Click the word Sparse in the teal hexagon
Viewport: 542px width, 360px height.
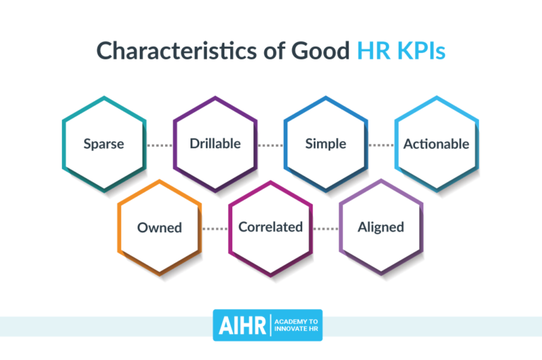[104, 144]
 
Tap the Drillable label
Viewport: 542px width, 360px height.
[215, 144]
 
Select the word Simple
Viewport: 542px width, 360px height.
[325, 144]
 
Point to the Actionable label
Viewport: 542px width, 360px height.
[436, 144]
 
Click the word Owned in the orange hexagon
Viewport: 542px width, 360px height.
[159, 227]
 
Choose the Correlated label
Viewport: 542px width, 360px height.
[270, 227]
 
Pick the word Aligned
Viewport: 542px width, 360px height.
[381, 227]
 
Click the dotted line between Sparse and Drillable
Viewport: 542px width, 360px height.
[159, 145]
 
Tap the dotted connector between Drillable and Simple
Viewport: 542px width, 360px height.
[270, 145]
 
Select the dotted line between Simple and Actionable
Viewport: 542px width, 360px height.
[381, 145]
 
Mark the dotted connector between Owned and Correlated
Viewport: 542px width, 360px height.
[215, 228]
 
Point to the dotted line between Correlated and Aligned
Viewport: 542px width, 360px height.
[326, 228]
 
